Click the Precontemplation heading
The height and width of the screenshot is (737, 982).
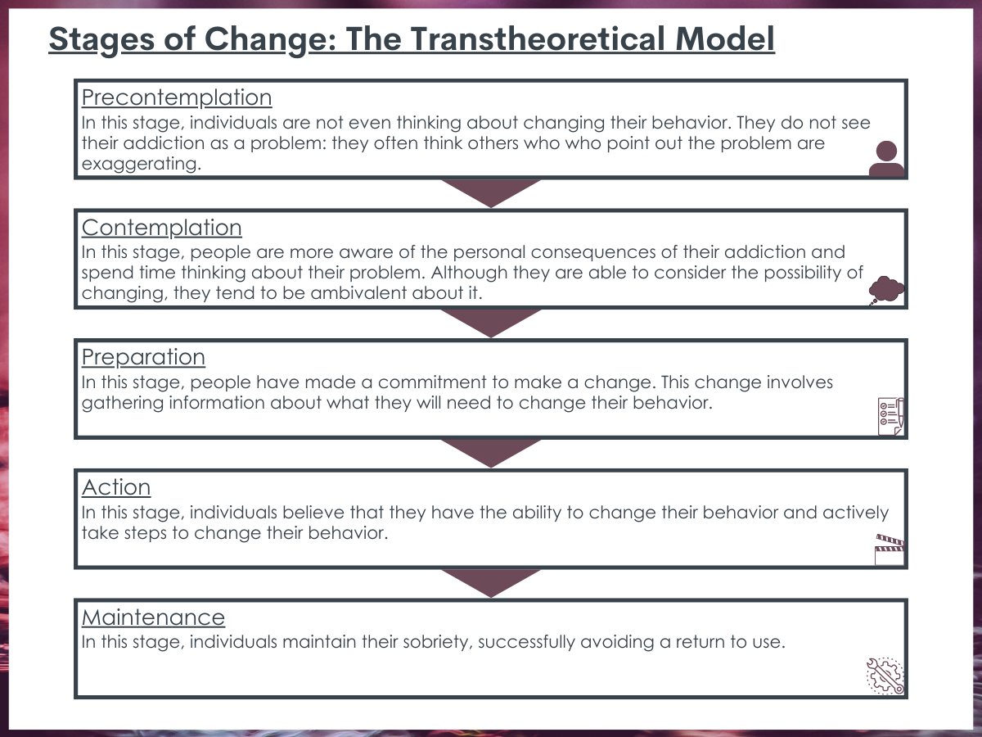177,97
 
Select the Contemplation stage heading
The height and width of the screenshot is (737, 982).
161,228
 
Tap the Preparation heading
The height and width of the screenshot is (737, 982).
143,357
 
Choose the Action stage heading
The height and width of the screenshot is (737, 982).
116,487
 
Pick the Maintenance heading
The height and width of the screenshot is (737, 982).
153,617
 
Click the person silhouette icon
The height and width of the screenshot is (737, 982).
886,158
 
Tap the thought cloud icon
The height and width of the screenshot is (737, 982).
886,290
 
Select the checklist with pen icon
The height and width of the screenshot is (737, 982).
890,416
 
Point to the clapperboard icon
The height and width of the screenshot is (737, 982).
890,550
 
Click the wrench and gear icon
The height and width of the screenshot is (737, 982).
885,676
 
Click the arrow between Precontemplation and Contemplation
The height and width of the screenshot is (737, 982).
491,192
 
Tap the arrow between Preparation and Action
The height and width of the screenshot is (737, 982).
491,452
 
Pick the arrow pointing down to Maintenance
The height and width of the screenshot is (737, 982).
491,582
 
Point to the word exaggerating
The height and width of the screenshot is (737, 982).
142,165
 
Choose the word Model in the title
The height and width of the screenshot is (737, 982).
725,39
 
